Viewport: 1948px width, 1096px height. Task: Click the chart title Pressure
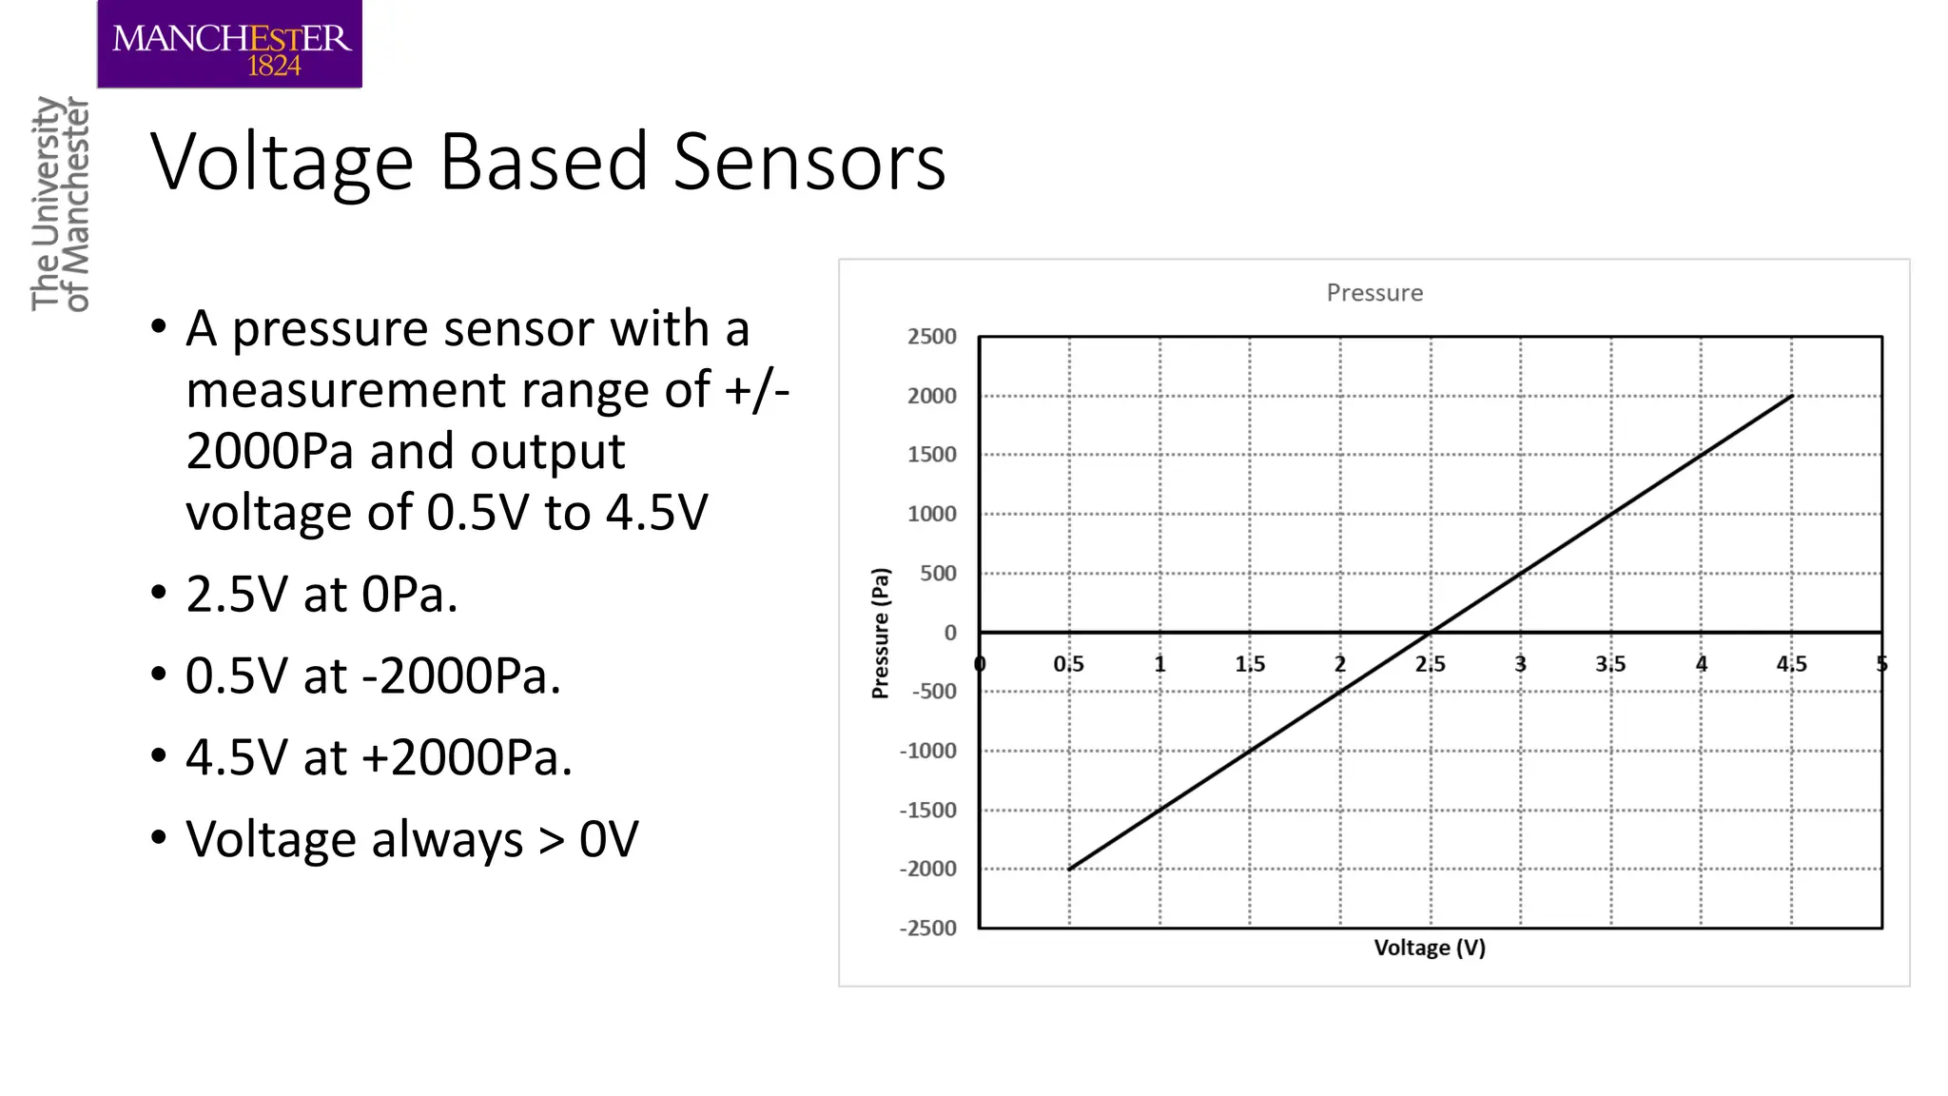(x=1374, y=293)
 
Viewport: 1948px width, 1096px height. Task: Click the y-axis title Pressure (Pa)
(x=881, y=633)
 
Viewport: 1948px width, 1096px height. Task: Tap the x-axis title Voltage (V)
(x=1430, y=948)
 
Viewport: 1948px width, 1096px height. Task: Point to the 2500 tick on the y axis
(x=931, y=337)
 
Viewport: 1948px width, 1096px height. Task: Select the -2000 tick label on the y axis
(x=928, y=869)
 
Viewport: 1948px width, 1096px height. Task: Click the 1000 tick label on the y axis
(x=931, y=515)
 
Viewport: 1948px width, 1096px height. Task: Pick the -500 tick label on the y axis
(x=933, y=692)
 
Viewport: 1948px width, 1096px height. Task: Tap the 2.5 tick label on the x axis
(x=1430, y=664)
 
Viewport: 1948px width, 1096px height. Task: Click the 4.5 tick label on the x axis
(x=1791, y=664)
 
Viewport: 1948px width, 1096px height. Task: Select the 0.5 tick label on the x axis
(x=1068, y=664)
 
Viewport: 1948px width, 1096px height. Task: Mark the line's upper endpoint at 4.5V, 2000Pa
(x=1792, y=396)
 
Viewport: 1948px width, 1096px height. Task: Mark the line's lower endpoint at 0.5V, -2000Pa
(x=1070, y=869)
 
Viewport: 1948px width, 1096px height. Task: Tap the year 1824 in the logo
(x=274, y=66)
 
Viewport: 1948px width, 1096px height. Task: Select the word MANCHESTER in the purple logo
(x=231, y=38)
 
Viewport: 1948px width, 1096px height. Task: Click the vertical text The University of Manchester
(x=60, y=204)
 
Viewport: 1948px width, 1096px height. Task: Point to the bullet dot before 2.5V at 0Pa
(x=159, y=593)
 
